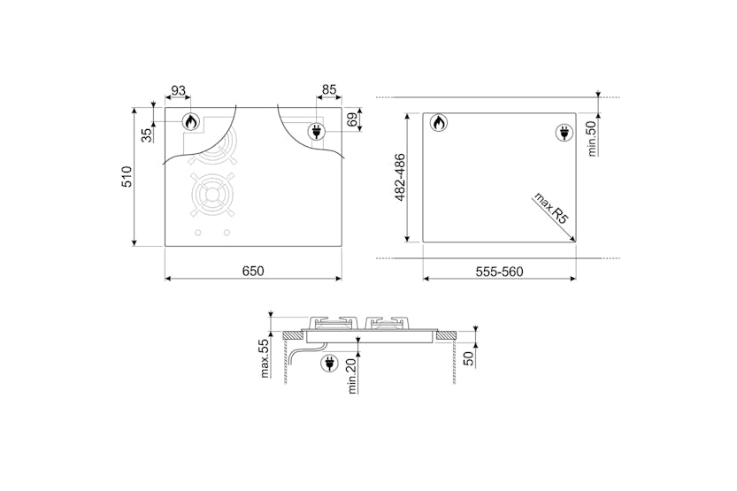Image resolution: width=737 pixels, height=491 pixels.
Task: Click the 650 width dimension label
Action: tap(253, 271)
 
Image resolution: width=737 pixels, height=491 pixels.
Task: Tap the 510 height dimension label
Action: tap(127, 176)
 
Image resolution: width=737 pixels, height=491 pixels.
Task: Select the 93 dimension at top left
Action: tap(178, 90)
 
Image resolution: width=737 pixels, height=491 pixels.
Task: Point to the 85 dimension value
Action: tap(329, 89)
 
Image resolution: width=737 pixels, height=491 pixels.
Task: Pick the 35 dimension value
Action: tap(147, 135)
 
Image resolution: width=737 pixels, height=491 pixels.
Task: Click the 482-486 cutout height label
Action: tap(400, 177)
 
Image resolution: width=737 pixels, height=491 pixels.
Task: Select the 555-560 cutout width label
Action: tap(499, 272)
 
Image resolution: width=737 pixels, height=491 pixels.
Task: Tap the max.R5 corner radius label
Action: tap(550, 209)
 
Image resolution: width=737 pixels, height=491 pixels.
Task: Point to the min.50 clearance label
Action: tap(592, 138)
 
